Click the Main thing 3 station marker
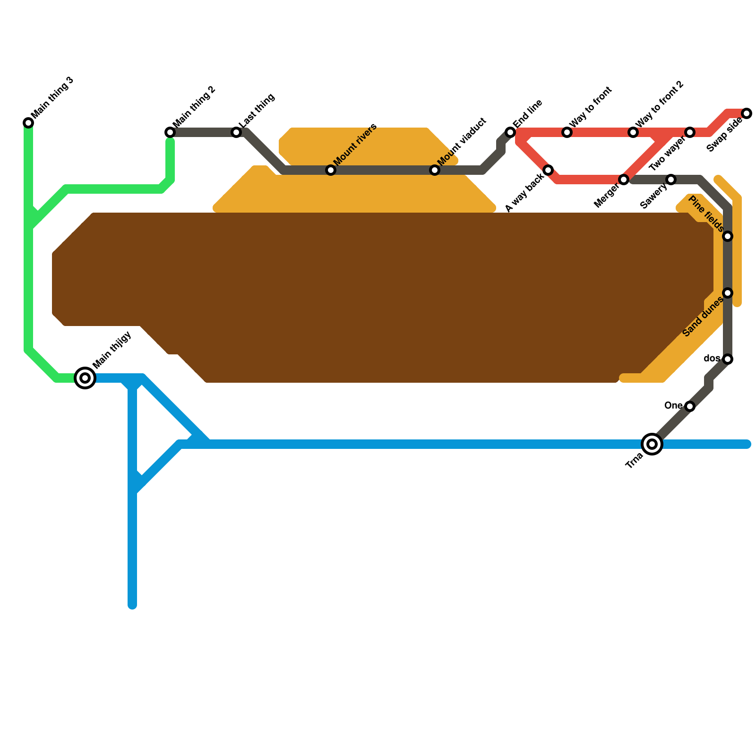(x=28, y=123)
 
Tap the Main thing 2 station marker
(x=170, y=132)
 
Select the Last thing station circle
(x=236, y=132)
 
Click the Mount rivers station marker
(x=331, y=170)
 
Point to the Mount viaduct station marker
(x=435, y=170)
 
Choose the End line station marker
(x=510, y=132)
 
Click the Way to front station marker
(x=567, y=132)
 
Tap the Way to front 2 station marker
(x=633, y=132)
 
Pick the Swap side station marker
(x=747, y=113)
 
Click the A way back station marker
(x=548, y=170)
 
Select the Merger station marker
(x=624, y=180)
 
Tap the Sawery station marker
(x=671, y=180)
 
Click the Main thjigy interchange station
(x=85, y=378)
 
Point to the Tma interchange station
(x=652, y=444)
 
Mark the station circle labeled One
(x=690, y=406)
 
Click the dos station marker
(x=728, y=359)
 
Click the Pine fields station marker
(x=728, y=236)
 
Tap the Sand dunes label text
(x=703, y=317)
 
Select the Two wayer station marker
(x=690, y=132)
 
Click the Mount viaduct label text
(x=462, y=142)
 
